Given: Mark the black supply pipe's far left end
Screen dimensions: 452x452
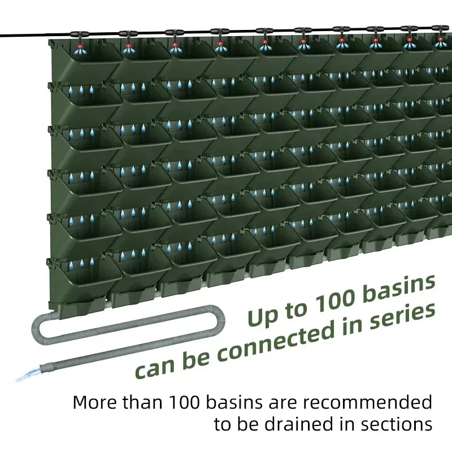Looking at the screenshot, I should [2, 36].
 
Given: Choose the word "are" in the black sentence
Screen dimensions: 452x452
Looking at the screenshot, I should [293, 403].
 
